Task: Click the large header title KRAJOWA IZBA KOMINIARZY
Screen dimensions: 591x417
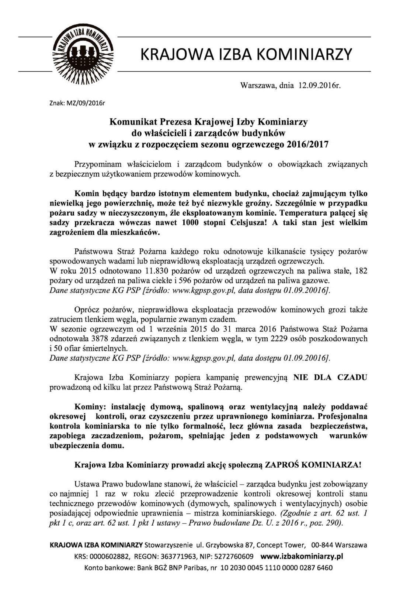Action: tap(247, 54)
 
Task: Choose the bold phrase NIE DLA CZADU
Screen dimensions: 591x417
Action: tap(330, 378)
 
